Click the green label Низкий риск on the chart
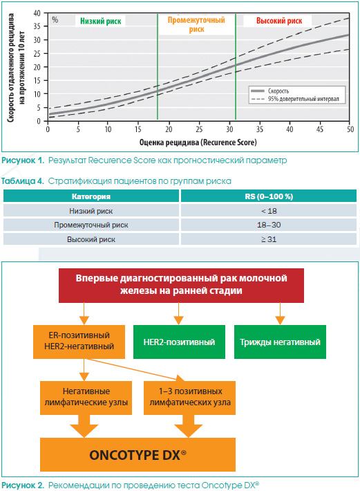pyautogui.click(x=100, y=21)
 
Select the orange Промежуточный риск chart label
pyautogui.click(x=196, y=24)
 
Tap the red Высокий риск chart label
pyautogui.click(x=279, y=21)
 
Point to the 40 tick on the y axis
pyautogui.click(x=37, y=13)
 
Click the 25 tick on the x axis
pyautogui.click(x=199, y=129)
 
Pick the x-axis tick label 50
pyautogui.click(x=350, y=129)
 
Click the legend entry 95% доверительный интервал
pyautogui.click(x=303, y=99)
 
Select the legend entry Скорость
pyautogui.click(x=278, y=91)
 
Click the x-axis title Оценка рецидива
pyautogui.click(x=169, y=142)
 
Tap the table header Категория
pyautogui.click(x=91, y=196)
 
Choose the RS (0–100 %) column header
pyautogui.click(x=269, y=196)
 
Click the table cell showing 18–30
pyautogui.click(x=269, y=225)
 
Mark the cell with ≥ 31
pyautogui.click(x=269, y=239)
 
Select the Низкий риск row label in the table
pyautogui.click(x=91, y=211)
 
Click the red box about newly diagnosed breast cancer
pyautogui.click(x=181, y=286)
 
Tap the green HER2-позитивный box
pyautogui.click(x=179, y=342)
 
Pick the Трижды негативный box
pyautogui.click(x=280, y=342)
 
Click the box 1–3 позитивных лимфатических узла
pyautogui.click(x=189, y=398)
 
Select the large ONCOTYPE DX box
pyautogui.click(x=138, y=454)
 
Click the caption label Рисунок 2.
pyautogui.click(x=23, y=485)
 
